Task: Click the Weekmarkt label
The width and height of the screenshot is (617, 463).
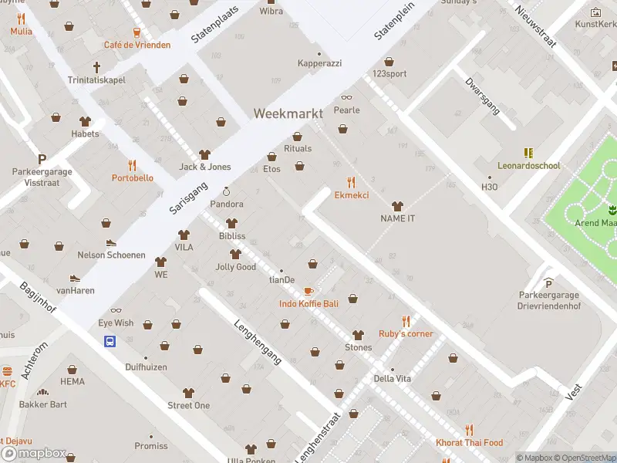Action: pos(288,113)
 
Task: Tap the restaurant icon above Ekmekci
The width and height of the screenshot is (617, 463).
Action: pos(352,182)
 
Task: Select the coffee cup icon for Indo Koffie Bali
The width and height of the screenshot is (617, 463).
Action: pos(308,291)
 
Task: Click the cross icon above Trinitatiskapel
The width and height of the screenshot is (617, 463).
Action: pos(97,67)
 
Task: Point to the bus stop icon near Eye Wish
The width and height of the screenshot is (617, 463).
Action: pos(110,341)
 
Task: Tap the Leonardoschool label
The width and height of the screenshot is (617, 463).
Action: pos(528,166)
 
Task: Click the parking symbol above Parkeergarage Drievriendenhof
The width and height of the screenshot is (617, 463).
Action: pos(548,282)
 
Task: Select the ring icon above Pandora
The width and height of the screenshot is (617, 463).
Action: pos(227,191)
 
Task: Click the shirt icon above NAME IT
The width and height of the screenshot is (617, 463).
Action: pos(397,206)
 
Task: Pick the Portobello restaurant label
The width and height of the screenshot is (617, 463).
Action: pos(132,178)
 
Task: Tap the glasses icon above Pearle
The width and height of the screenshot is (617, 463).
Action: pos(346,97)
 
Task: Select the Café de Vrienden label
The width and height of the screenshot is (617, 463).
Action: pos(137,46)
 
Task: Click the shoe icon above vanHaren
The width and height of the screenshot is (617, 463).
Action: pos(75,277)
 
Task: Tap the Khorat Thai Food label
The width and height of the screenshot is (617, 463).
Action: pos(469,443)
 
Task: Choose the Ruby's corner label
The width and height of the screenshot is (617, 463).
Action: pos(406,334)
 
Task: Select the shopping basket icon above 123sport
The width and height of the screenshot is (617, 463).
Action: pos(389,61)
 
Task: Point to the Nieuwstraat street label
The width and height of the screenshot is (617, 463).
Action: pos(534,25)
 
